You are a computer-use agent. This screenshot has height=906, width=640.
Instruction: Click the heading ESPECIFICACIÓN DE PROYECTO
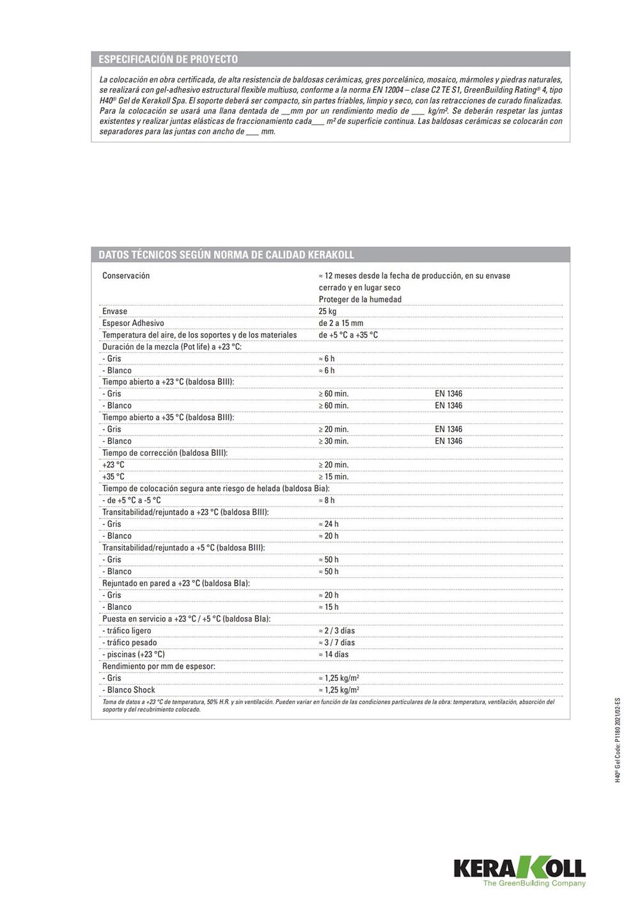click(168, 59)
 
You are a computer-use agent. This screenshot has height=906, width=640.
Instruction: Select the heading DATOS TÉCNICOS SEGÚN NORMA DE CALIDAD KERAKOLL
click(226, 254)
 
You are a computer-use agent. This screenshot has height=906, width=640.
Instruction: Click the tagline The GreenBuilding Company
click(534, 884)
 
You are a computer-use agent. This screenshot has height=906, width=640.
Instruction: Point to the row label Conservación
click(126, 276)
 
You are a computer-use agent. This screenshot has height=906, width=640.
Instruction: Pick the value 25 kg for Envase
click(327, 311)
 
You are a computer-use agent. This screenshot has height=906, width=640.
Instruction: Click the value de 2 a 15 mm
click(341, 323)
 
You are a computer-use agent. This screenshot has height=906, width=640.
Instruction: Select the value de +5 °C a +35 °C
click(348, 335)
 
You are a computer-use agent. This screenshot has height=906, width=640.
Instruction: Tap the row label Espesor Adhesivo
click(133, 323)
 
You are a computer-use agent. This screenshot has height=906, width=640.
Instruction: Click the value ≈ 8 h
click(327, 501)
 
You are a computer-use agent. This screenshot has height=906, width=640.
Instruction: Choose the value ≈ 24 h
click(329, 524)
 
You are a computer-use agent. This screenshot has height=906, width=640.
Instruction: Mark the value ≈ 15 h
click(329, 607)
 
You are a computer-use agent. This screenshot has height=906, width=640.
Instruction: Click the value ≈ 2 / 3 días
click(336, 631)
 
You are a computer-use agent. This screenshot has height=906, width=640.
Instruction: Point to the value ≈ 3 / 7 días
click(336, 643)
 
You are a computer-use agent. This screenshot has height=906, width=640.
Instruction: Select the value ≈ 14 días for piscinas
click(334, 655)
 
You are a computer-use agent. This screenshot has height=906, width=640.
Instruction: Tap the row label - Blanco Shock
click(129, 690)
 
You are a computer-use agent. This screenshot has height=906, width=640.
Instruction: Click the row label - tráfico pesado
click(129, 643)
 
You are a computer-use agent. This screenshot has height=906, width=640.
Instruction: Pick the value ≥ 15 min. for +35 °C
click(334, 477)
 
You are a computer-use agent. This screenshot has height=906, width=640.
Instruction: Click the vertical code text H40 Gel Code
click(618, 740)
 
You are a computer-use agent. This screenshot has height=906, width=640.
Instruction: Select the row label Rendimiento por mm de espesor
click(159, 666)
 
